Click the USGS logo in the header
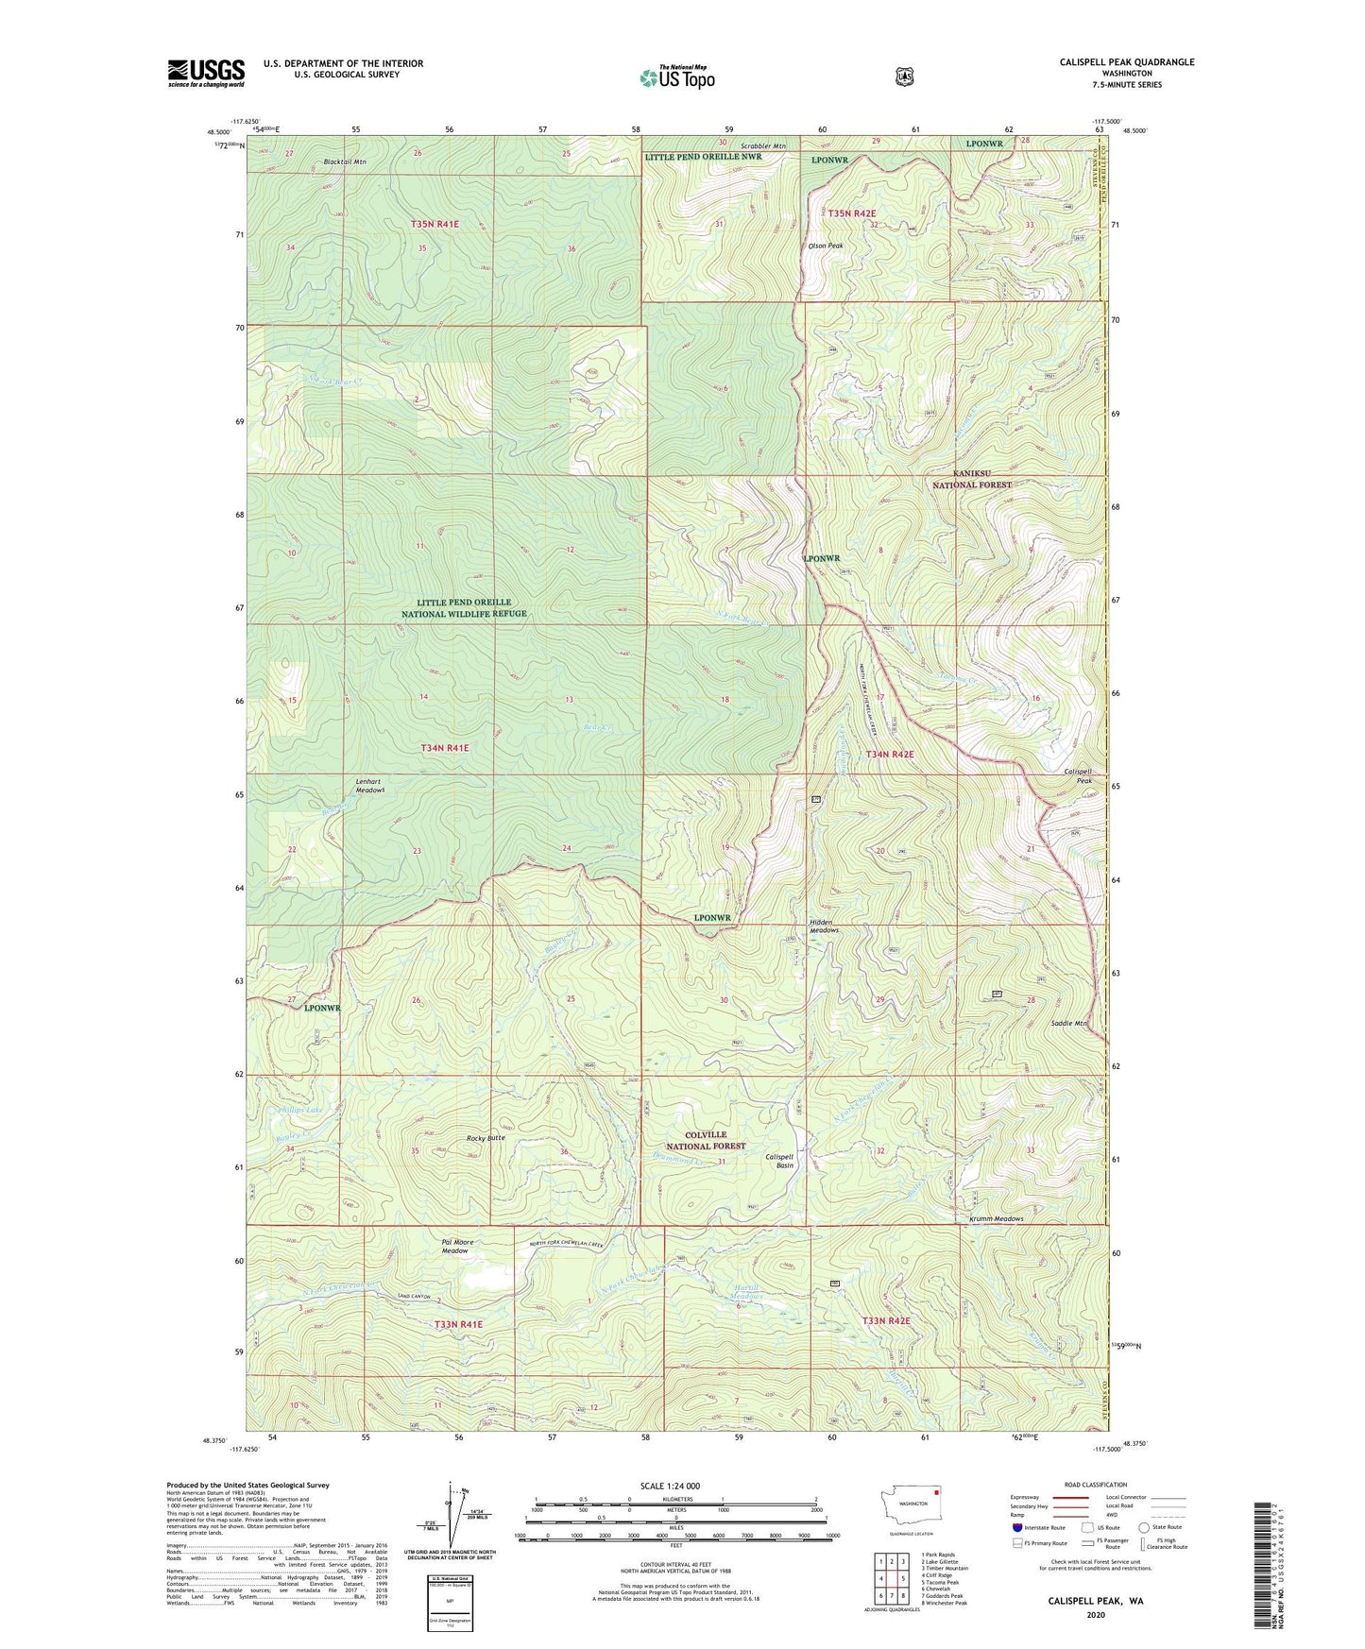pos(206,73)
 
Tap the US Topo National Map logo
pos(676,77)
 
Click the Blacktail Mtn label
pos(345,162)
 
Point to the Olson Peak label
pos(824,246)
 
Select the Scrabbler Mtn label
pos(762,146)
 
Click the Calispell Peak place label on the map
pos(1078,776)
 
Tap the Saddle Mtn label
pos(1069,1023)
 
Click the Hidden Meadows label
pos(824,926)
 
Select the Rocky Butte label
pos(486,1138)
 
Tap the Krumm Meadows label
pos(996,1218)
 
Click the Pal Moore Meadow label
pos(457,1246)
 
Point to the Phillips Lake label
pos(301,1111)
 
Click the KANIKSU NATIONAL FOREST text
pos(972,479)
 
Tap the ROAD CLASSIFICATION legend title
pos(1098,1485)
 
